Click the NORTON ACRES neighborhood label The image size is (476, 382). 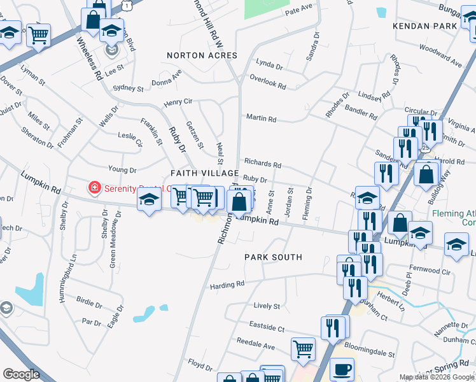point(202,55)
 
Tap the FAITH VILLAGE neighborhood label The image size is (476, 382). point(204,173)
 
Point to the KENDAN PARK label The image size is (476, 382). point(424,26)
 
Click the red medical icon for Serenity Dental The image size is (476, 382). point(94,187)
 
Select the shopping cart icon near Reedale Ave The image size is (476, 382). point(303,348)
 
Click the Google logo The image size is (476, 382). point(22,374)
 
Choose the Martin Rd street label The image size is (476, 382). point(261,118)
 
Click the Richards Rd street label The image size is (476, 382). point(262,164)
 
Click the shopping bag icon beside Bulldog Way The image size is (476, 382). point(426,173)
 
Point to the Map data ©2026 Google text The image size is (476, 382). point(437,377)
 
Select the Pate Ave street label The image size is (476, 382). point(299,9)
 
